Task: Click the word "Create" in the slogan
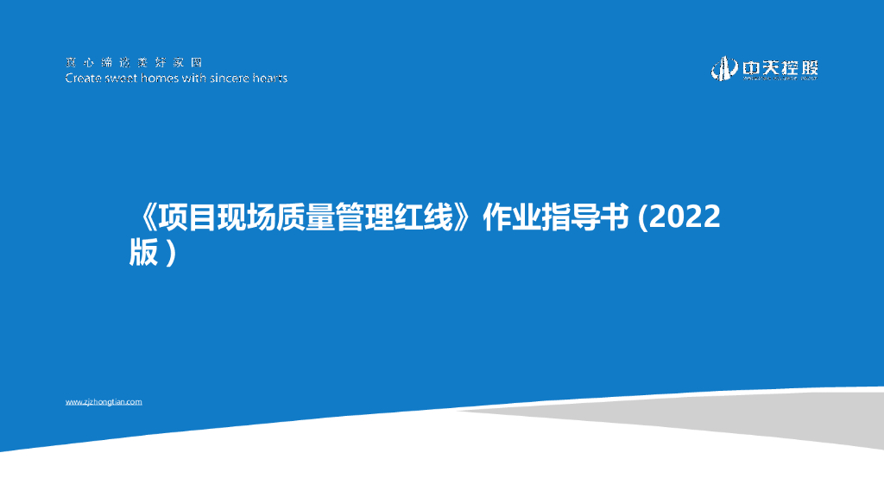click(83, 79)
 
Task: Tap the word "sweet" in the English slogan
click(123, 79)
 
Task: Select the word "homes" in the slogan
click(164, 79)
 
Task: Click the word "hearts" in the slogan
click(270, 79)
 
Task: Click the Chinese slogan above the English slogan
click(133, 63)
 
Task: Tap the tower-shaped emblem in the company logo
click(722, 69)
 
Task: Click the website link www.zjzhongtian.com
click(104, 402)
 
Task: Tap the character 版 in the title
click(143, 252)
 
